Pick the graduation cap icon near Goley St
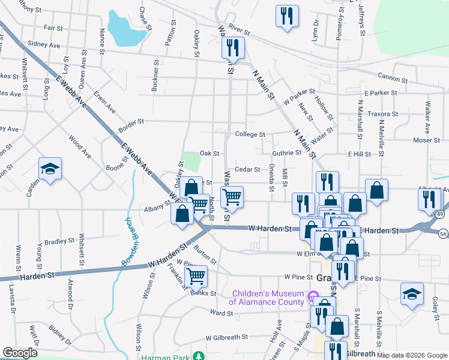(411, 293)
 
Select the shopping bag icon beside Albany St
(182, 214)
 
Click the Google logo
(20, 353)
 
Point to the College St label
(250, 134)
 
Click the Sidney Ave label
(44, 44)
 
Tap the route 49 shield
(440, 214)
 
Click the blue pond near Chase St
(125, 30)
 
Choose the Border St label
(131, 121)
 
